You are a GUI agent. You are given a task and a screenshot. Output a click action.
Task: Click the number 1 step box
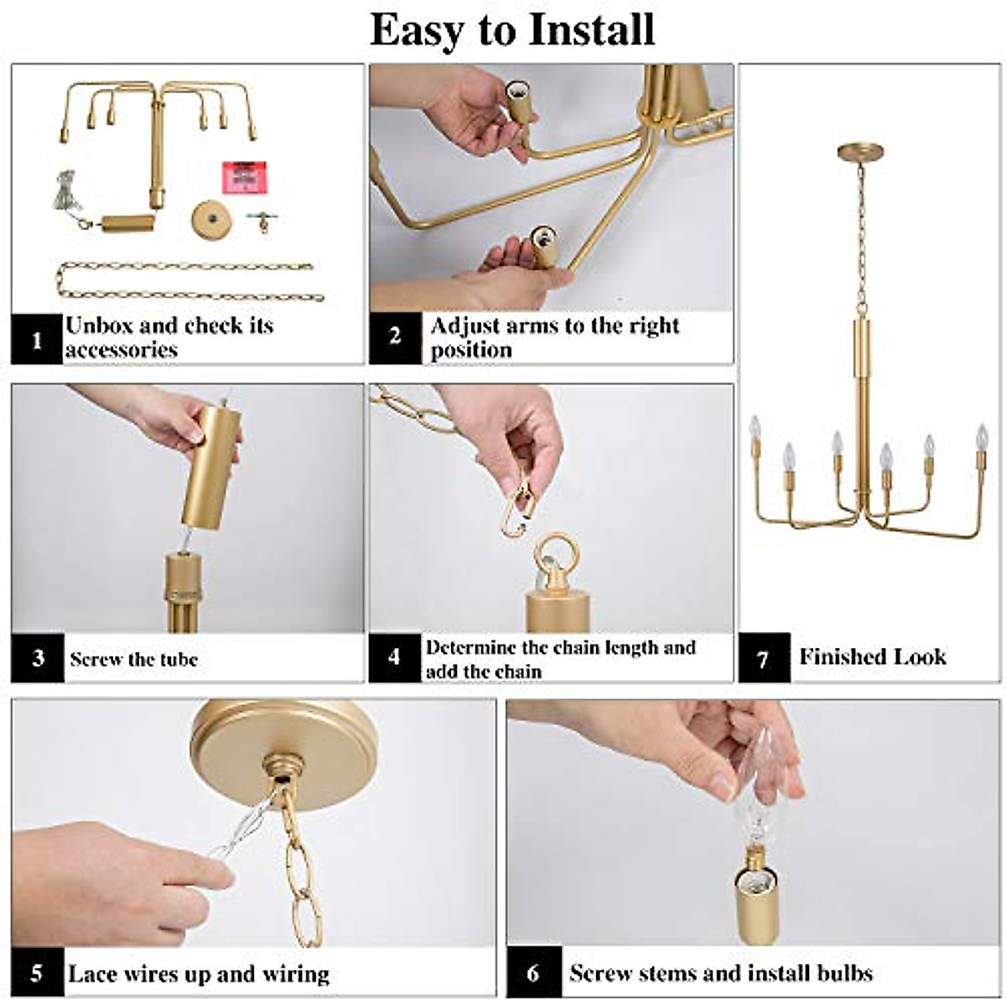tap(37, 340)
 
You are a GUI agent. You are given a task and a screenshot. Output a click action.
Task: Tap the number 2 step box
tap(395, 338)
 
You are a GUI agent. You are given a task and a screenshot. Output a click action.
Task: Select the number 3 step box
tap(38, 658)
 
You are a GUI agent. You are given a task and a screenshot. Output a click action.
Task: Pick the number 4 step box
tap(395, 657)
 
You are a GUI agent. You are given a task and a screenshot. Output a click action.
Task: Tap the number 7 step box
tap(764, 657)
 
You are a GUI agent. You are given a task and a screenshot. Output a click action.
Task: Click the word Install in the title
tap(591, 29)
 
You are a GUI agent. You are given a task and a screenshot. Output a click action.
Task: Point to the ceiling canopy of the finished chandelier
tap(861, 152)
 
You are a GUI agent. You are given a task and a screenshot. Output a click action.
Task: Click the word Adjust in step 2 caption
tap(464, 327)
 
